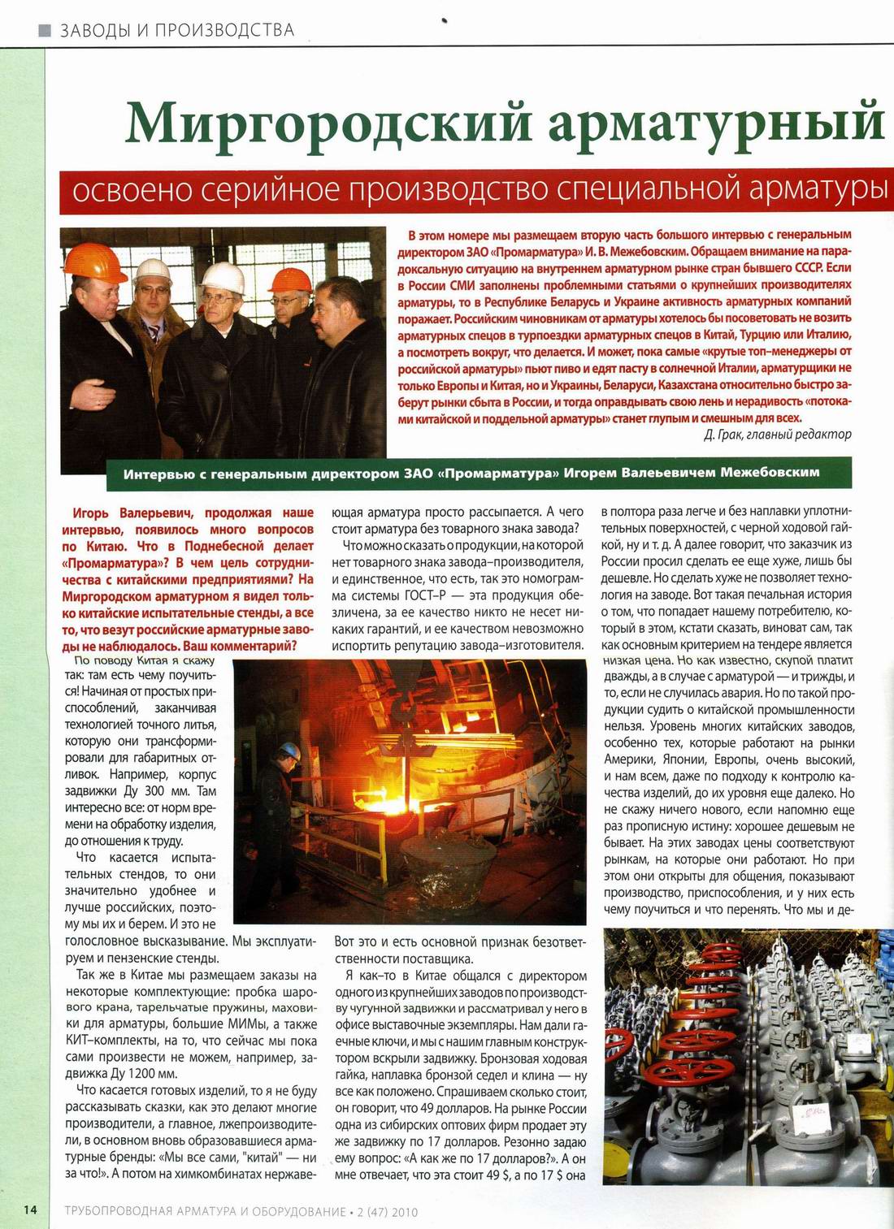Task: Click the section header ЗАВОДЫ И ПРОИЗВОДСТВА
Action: (x=177, y=31)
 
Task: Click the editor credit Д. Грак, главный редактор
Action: (x=777, y=434)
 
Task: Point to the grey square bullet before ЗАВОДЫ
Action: (x=46, y=32)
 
